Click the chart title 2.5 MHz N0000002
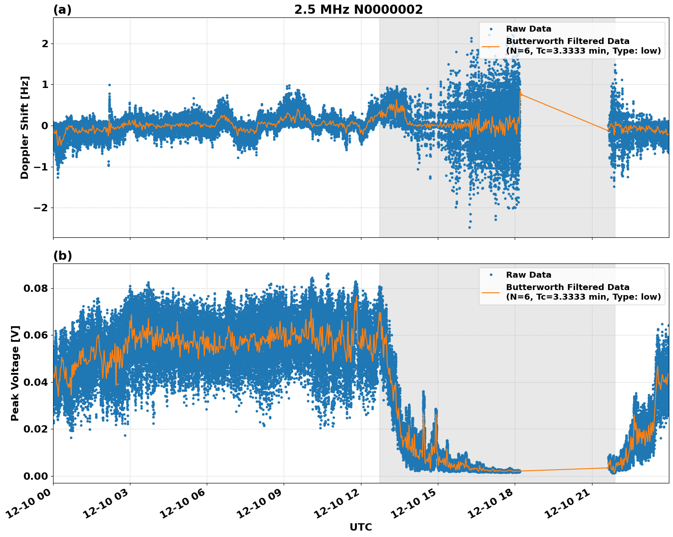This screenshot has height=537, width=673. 358,10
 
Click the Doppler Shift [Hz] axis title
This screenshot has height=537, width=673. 25,127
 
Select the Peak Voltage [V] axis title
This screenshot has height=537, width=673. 16,373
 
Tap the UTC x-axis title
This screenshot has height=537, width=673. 361,527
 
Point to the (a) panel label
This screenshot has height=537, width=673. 62,10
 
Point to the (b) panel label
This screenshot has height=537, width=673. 62,256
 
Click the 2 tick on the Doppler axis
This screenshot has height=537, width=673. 45,44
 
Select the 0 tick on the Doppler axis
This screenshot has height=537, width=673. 45,126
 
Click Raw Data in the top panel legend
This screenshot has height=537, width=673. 528,29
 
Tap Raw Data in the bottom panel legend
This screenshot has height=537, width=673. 528,275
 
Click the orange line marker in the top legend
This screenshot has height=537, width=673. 491,46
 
